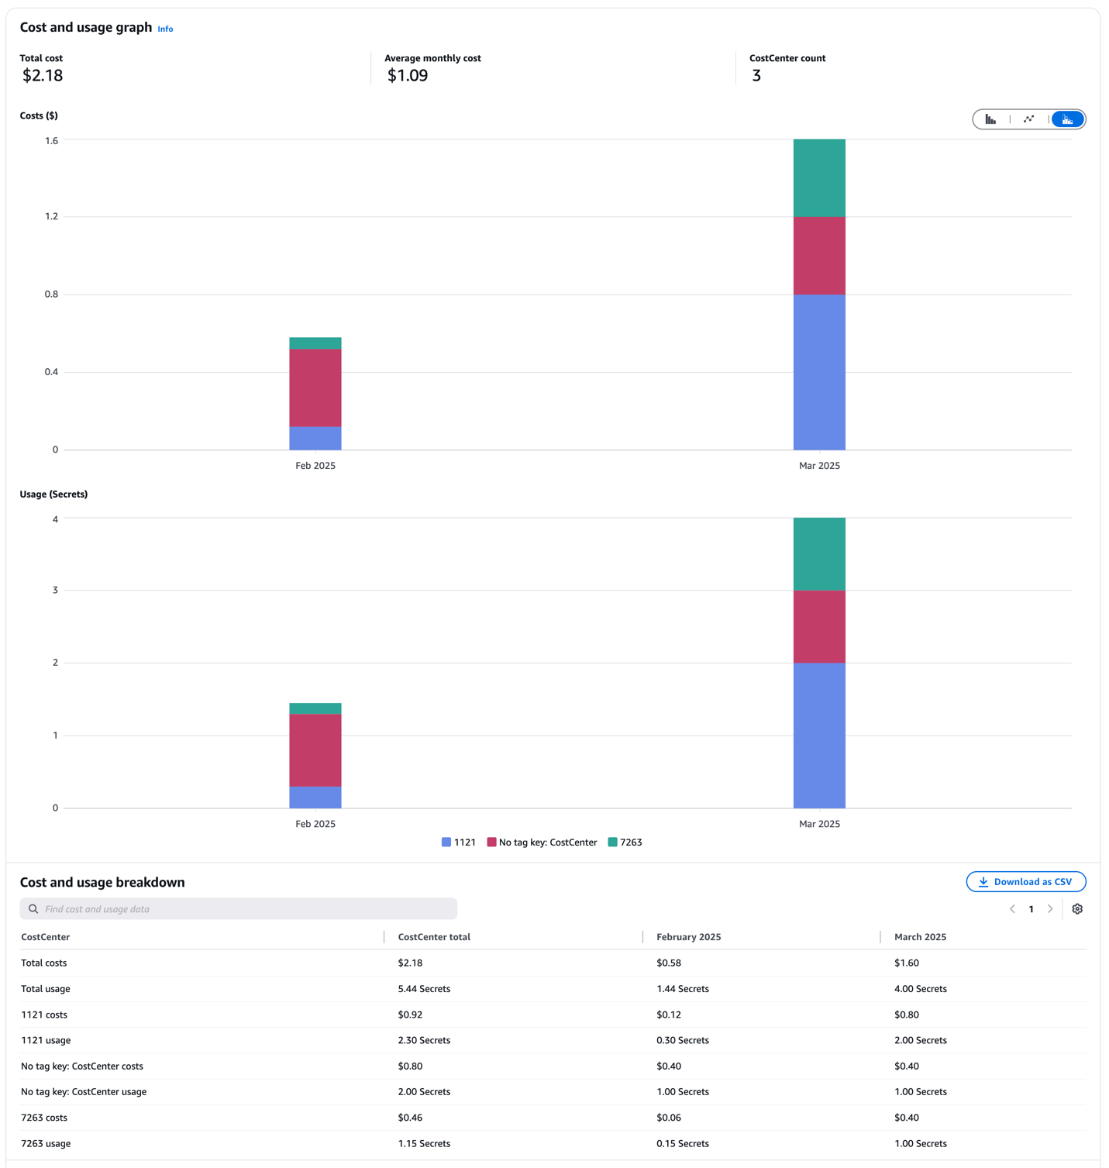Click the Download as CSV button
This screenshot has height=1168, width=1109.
point(1025,882)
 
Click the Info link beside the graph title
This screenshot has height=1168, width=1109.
point(165,29)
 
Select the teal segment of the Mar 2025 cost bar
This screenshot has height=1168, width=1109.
point(819,178)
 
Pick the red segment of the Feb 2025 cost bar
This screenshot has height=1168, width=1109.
point(315,388)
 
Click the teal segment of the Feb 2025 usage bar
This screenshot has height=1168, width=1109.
point(315,708)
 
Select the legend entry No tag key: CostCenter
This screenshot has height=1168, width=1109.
point(542,842)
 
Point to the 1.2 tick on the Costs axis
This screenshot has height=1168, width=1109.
point(51,217)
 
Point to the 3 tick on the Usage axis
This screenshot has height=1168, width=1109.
point(55,591)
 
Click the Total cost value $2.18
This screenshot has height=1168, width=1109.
point(43,76)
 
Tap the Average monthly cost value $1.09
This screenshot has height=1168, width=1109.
point(408,76)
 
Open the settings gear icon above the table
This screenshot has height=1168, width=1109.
point(1077,909)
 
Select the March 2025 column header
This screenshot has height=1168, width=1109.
point(920,937)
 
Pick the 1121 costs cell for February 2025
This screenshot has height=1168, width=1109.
point(668,1015)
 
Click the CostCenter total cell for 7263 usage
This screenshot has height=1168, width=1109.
point(424,1143)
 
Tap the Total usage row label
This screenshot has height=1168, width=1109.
point(46,989)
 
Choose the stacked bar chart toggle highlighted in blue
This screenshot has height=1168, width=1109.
point(1067,119)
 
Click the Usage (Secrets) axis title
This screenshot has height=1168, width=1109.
point(53,494)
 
